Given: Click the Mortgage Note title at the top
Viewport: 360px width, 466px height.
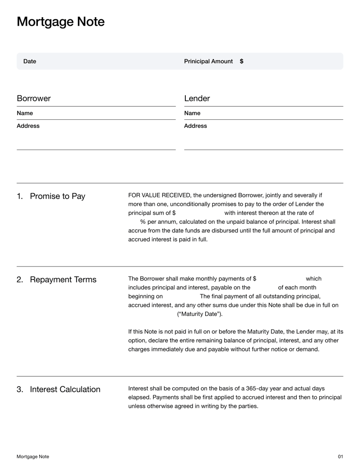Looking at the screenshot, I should point(60,22).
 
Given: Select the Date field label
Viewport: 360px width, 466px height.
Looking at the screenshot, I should point(30,61).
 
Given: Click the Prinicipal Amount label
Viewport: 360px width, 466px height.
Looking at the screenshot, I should point(208,61).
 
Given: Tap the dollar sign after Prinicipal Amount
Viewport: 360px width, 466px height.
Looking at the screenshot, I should point(242,61).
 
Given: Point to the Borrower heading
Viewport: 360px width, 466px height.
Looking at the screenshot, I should point(34,99).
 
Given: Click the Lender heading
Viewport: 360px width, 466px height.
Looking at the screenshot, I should point(197,99).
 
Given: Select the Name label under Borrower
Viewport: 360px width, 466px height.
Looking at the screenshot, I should point(25,113).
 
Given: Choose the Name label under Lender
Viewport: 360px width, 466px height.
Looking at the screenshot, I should point(192,113).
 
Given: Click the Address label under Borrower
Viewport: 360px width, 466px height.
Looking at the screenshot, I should point(28,126).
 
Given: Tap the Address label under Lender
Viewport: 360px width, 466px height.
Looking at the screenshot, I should point(195,126).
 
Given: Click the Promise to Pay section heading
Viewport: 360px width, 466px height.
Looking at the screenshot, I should point(57,196).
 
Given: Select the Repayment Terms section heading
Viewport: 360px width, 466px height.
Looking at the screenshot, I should point(63,280).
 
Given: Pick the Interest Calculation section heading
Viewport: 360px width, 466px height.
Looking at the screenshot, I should point(65,389).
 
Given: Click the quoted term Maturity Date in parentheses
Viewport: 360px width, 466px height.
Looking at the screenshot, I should point(200,314).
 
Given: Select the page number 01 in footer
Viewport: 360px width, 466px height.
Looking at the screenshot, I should point(340,457).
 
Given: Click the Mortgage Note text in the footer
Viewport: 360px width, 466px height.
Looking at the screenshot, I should point(33,457).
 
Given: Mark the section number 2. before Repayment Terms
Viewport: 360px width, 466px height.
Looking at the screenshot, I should point(20,280).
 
